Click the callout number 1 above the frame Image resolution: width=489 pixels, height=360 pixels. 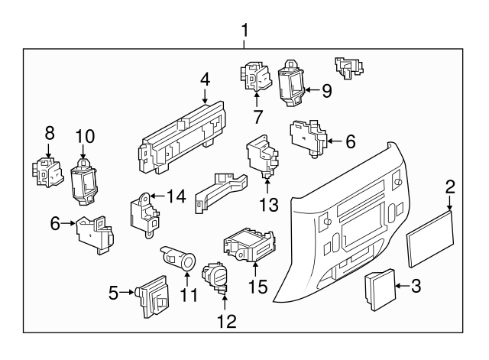pyautogui.click(x=244, y=31)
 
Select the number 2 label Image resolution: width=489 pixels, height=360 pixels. pyautogui.click(x=451, y=186)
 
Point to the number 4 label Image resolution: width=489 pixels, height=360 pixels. pyautogui.click(x=205, y=79)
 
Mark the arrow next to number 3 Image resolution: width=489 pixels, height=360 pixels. pyautogui.click(x=402, y=287)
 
